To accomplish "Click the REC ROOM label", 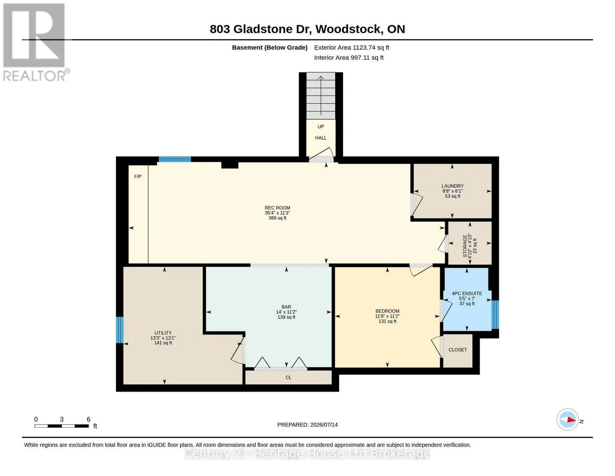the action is click(277, 207).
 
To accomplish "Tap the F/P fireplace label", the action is click(137, 177).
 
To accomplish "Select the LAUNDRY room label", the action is click(452, 186).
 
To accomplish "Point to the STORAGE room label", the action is click(465, 246).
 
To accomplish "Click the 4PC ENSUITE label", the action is click(467, 294).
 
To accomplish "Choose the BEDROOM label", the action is click(387, 311).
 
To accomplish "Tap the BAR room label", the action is click(286, 307).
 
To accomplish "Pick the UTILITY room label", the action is click(163, 333).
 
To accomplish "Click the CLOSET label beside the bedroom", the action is click(457, 349).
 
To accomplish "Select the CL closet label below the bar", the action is click(288, 377).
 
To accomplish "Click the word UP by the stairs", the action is click(321, 127).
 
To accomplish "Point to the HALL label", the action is click(321, 138).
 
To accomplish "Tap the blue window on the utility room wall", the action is click(120, 330).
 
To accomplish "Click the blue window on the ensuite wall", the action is click(495, 315).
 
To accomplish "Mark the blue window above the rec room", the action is click(175, 159).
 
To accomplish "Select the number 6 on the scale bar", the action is click(88, 419).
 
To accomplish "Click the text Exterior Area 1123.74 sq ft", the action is click(352, 48).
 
